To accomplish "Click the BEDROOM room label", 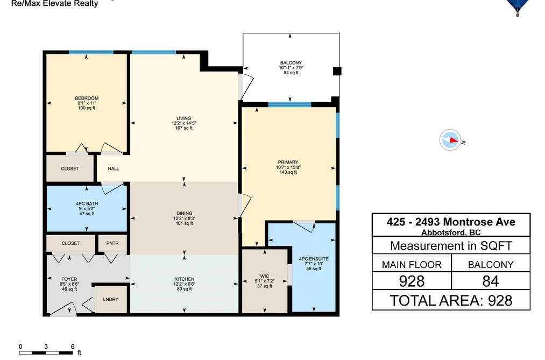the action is (x=87, y=98).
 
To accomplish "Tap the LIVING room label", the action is (x=183, y=118).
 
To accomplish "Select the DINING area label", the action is (x=184, y=213).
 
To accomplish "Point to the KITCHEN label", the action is (x=184, y=279).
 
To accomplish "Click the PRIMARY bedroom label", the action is (x=288, y=163).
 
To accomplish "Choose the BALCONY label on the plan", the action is (x=291, y=63).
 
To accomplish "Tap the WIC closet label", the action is (x=265, y=276).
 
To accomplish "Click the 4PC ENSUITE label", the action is (x=314, y=259).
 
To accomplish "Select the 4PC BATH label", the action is (x=87, y=203).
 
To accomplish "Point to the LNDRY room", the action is (x=110, y=299).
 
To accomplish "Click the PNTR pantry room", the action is (x=112, y=243).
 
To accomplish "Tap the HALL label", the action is (x=114, y=169).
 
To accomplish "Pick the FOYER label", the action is (x=69, y=279).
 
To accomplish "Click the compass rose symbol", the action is (x=450, y=140).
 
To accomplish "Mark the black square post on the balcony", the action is (x=337, y=71).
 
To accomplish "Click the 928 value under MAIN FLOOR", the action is (x=412, y=281).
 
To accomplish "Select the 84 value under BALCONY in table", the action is (x=491, y=281).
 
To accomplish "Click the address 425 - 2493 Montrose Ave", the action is (x=451, y=222).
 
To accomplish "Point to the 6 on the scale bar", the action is (x=73, y=347).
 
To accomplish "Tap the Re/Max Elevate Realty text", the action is (x=54, y=4).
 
